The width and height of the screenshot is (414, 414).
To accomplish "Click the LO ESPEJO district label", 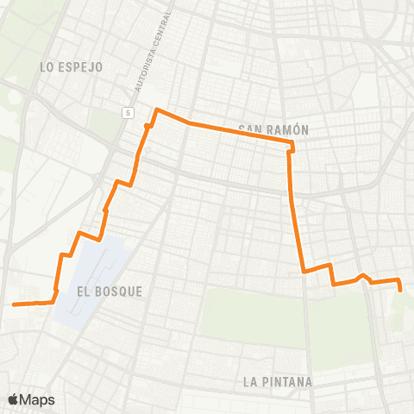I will tap(72, 66).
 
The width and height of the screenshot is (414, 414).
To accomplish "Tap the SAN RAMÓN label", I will tap(274, 129).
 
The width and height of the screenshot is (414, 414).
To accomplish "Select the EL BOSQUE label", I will tap(110, 292).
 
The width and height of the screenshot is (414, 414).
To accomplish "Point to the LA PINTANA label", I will tap(278, 380).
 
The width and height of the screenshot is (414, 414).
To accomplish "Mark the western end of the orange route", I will tap(13, 304).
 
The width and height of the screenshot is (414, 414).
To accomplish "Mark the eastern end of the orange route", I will tap(401, 291).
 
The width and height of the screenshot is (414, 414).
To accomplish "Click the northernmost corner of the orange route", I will tap(156, 110).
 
